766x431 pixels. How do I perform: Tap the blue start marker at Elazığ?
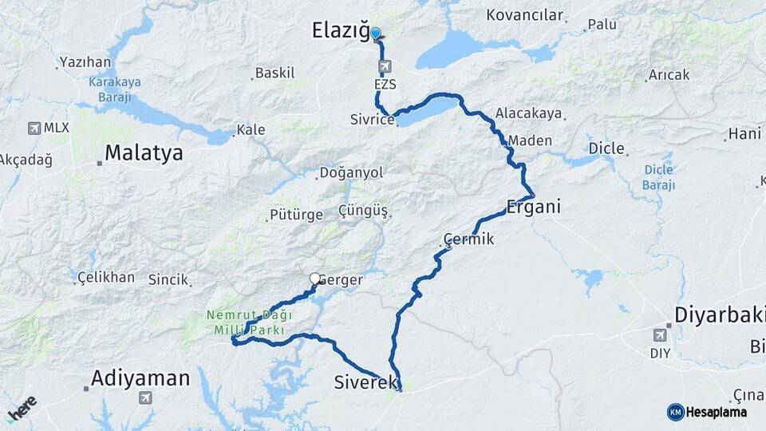tap(375, 33)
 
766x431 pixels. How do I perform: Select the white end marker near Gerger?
tap(314, 279)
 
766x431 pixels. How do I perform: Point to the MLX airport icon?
tap(34, 128)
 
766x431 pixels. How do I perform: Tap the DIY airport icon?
tap(660, 334)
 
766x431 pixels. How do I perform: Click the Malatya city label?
tap(144, 153)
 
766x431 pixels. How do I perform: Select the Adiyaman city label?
tap(140, 378)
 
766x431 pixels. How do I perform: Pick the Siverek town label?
tap(366, 384)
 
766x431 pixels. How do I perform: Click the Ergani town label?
tap(534, 207)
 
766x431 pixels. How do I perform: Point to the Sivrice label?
tap(372, 120)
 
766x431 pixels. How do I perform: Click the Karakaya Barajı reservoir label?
tap(114, 88)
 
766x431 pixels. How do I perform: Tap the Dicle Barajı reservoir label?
tap(658, 176)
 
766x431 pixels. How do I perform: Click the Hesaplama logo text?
tap(716, 412)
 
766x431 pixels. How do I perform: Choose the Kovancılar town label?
tap(525, 15)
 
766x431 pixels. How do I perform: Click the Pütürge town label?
tap(296, 215)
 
